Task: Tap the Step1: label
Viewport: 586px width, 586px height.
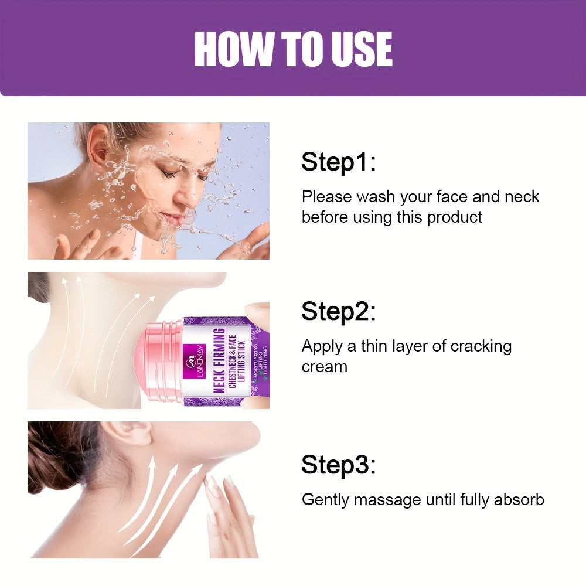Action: tap(338, 162)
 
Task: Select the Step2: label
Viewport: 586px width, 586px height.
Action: tap(338, 312)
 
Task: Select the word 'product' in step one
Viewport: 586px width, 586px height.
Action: tap(454, 217)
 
